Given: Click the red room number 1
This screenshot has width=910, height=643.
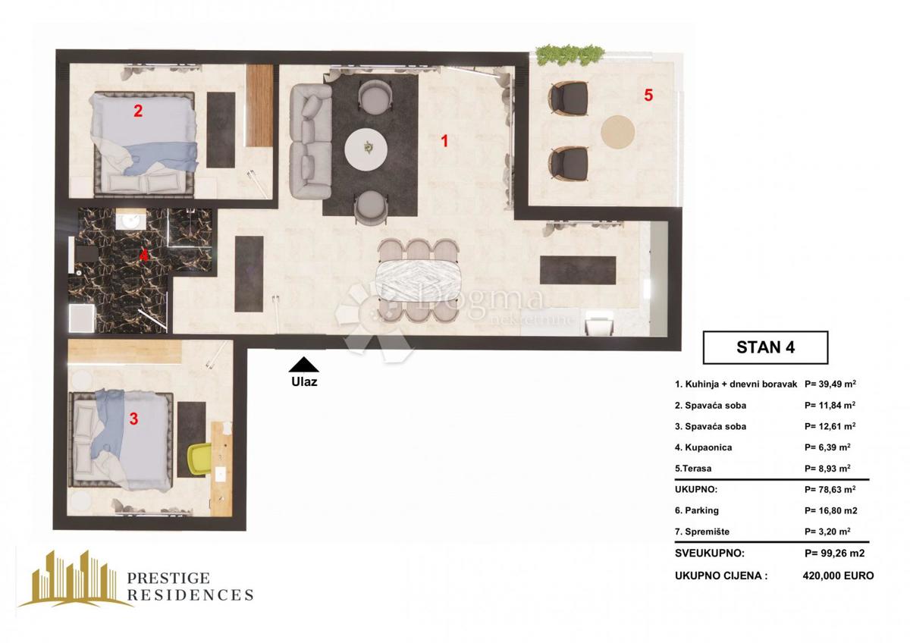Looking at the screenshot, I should click(x=445, y=140).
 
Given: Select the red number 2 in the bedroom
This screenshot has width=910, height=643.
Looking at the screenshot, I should click(x=137, y=111).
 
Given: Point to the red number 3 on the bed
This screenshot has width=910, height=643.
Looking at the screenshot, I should click(x=133, y=419).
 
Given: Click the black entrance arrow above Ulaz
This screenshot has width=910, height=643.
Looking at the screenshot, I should click(x=303, y=364).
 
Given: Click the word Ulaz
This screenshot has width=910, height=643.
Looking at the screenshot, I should click(x=303, y=382).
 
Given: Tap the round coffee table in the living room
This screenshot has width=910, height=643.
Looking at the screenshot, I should click(x=369, y=149).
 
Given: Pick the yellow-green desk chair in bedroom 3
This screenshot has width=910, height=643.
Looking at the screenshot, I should click(x=200, y=458).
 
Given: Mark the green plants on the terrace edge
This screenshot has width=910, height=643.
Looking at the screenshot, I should click(x=570, y=54).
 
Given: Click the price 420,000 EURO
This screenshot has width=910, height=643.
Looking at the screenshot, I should click(x=837, y=576).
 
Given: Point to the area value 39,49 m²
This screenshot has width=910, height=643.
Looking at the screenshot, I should click(x=830, y=384).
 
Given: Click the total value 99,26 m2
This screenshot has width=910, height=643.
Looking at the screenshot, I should click(x=834, y=554).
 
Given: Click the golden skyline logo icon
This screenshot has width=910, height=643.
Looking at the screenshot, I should click(x=76, y=579).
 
